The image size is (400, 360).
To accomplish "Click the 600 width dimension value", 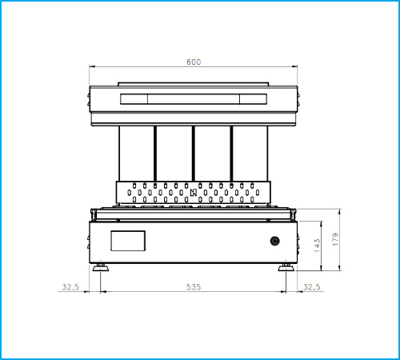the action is click(x=194, y=62).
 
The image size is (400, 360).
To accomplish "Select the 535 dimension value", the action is click(x=194, y=287).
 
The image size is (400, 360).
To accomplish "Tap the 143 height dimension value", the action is click(x=317, y=246).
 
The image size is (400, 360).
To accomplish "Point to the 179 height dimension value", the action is click(x=335, y=239).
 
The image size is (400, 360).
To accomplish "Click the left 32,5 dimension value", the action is click(x=70, y=287).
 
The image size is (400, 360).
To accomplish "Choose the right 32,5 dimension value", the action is click(x=312, y=287).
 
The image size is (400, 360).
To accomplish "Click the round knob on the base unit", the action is click(x=274, y=241).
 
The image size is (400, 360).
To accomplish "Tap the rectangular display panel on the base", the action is click(x=128, y=241).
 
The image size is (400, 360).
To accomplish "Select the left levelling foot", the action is click(x=101, y=267).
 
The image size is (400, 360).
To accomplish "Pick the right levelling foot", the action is click(x=286, y=267).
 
